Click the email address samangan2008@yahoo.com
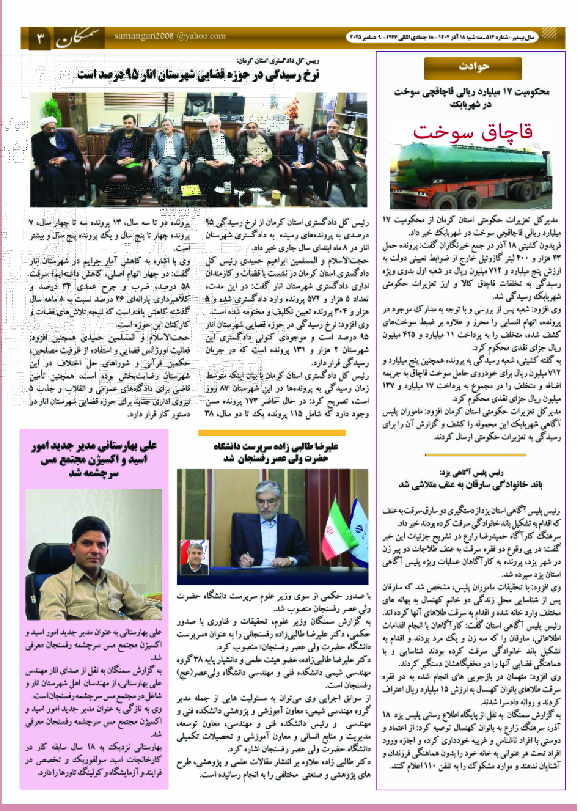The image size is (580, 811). tap(170, 36)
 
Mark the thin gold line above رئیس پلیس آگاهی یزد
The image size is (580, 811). tap(475, 455)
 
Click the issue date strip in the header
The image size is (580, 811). tap(441, 37)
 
